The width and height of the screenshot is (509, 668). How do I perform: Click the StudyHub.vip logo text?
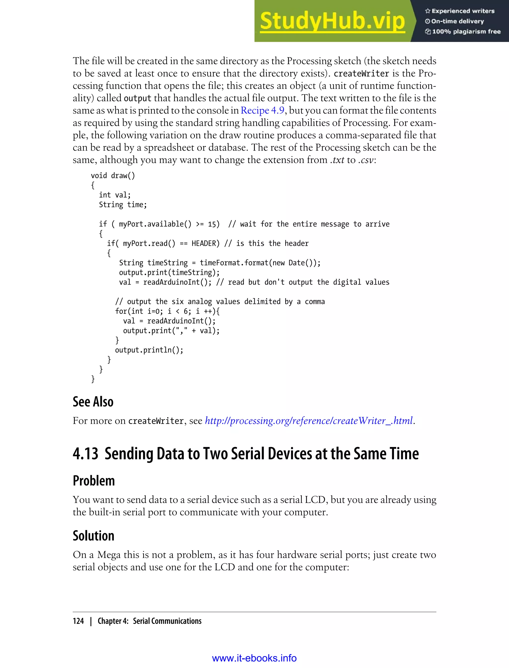[332, 21]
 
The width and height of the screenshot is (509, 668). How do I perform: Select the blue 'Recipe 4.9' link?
[262, 111]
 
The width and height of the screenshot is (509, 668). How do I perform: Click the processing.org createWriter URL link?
[309, 421]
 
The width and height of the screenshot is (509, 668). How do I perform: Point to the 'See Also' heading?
[93, 402]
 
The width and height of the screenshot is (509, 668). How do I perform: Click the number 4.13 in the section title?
[85, 454]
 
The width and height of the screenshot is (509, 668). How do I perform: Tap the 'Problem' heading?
[94, 481]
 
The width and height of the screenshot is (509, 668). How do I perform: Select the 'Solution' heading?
[94, 536]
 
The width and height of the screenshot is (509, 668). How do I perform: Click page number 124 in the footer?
[78, 621]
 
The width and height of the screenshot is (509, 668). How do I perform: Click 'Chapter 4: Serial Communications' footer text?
[149, 621]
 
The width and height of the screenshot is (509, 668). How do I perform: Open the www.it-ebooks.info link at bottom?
[254, 658]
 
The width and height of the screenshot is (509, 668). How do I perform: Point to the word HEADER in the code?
[204, 244]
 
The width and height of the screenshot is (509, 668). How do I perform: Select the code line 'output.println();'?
[149, 350]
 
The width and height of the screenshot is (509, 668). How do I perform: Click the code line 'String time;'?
[123, 205]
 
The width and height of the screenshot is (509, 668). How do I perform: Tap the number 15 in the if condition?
[212, 224]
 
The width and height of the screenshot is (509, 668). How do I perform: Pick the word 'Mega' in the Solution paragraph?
[109, 555]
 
